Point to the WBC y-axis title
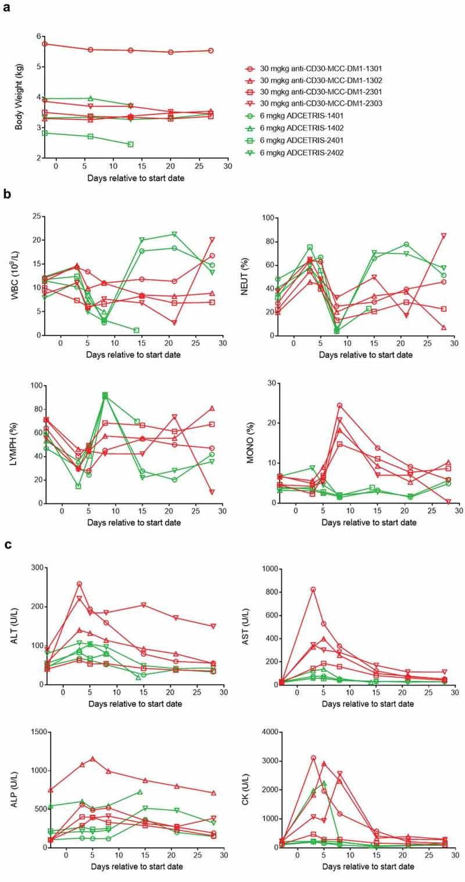tap(18, 276)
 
